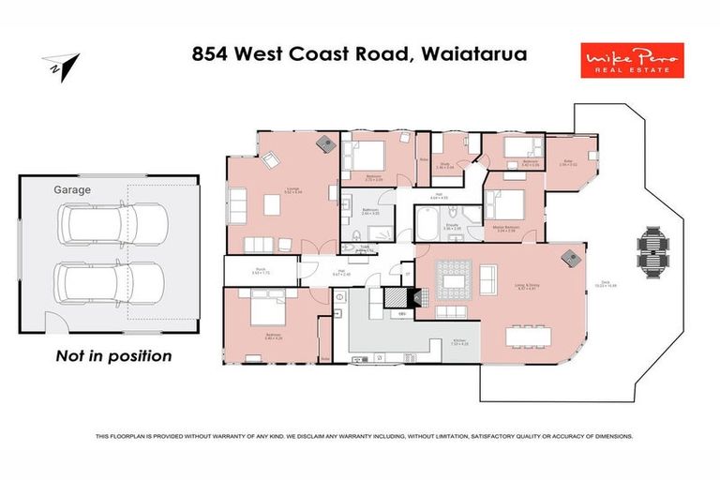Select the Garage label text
point(72,189)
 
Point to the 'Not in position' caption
point(113,355)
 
